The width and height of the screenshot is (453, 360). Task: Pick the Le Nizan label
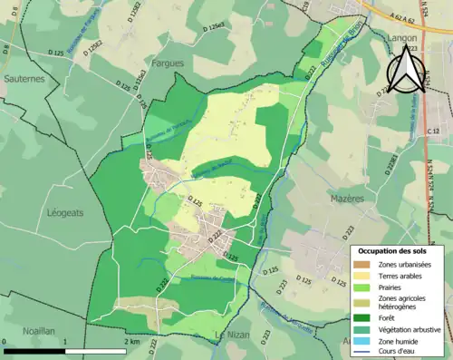pyautogui.click(x=232, y=336)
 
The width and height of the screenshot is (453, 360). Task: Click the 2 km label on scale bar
pyautogui.click(x=132, y=342)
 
